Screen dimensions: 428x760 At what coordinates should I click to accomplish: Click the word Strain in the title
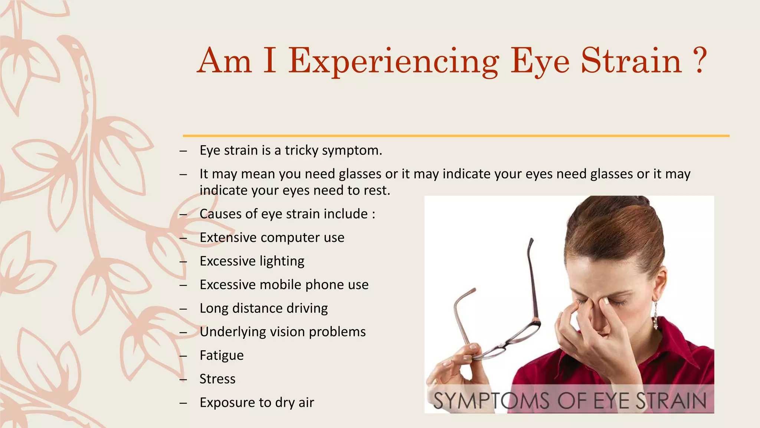(x=631, y=61)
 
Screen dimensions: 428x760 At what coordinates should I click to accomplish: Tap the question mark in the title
(x=700, y=61)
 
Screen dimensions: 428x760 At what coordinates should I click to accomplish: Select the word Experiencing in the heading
(x=394, y=61)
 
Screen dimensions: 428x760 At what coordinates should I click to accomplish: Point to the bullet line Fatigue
(x=222, y=356)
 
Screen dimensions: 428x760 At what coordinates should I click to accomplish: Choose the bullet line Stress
(x=217, y=379)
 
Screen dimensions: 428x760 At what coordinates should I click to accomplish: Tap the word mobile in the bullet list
(x=280, y=285)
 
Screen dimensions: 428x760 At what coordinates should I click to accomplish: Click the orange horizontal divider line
(x=456, y=136)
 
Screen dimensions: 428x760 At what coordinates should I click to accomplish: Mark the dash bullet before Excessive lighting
(x=183, y=262)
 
